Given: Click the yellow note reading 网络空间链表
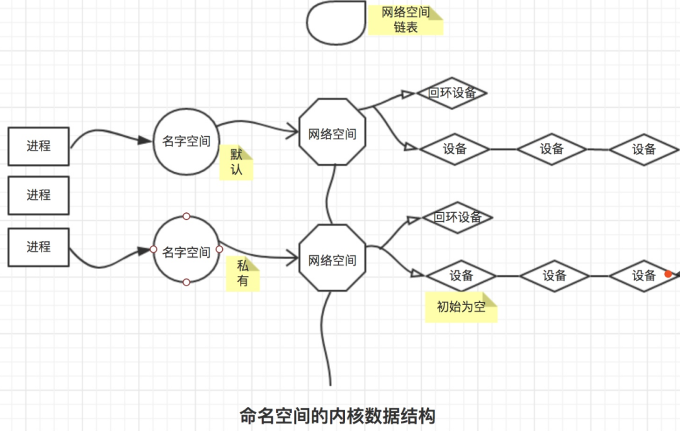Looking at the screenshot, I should point(405,20).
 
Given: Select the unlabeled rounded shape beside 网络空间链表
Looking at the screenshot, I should point(335,23).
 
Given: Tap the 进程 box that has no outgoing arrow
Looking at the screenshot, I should point(38,195).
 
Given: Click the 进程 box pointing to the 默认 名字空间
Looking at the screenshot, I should point(38,146).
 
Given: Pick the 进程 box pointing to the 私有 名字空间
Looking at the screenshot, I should point(38,247).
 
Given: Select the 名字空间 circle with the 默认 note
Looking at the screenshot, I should point(186,141).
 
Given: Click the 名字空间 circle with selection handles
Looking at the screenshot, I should point(186,252).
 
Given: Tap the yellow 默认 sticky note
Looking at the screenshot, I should point(235,163).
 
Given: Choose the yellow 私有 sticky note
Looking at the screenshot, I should point(242,274).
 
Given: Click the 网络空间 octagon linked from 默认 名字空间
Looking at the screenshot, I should point(332,133).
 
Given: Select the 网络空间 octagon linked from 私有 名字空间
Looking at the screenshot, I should point(332,258).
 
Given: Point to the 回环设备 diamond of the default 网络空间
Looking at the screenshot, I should point(451,93).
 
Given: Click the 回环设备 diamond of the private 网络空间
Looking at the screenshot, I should point(457,218).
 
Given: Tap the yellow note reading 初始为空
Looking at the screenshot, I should point(461,307).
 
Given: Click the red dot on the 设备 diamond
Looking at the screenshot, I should point(669,274).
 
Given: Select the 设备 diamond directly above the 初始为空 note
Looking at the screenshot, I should point(461,275).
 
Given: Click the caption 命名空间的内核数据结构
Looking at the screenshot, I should point(337,416).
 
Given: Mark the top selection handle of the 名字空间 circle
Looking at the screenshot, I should point(186,217).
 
